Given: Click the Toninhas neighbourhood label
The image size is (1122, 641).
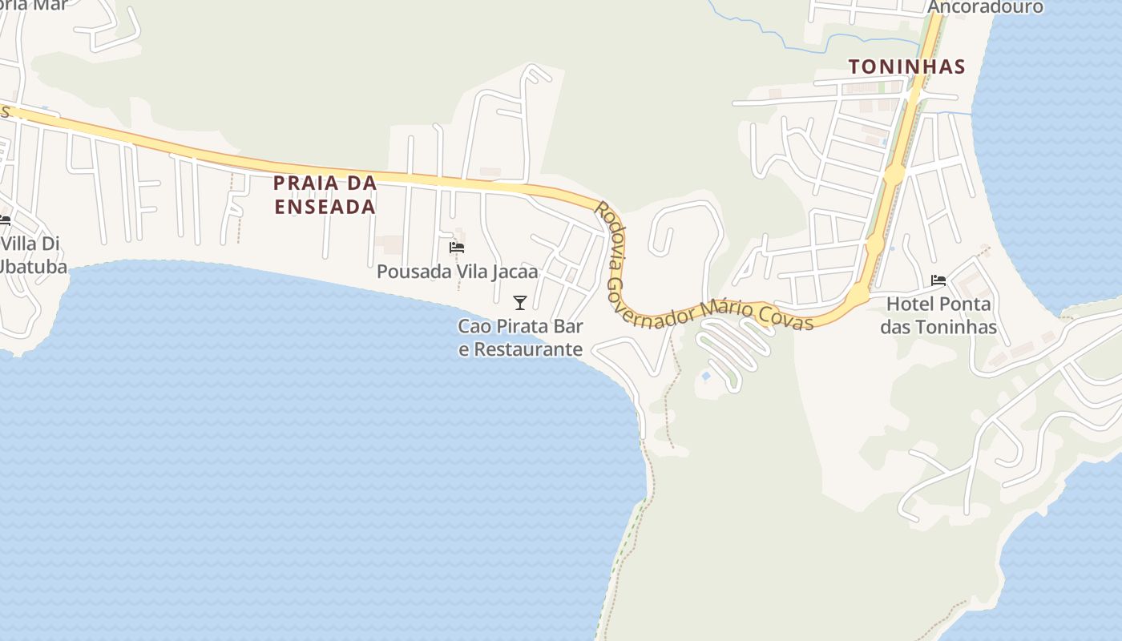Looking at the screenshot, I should pyautogui.click(x=906, y=67).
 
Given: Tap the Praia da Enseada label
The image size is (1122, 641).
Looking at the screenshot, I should pyautogui.click(x=325, y=195).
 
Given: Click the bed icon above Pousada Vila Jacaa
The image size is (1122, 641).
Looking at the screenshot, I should pyautogui.click(x=457, y=248).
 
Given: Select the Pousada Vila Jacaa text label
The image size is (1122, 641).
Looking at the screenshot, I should pyautogui.click(x=457, y=272).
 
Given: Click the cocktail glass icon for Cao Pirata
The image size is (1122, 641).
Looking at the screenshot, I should pyautogui.click(x=520, y=302).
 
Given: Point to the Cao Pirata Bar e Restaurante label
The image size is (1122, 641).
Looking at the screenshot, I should pyautogui.click(x=521, y=338).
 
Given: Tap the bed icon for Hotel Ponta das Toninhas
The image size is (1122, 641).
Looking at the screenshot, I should pyautogui.click(x=938, y=280).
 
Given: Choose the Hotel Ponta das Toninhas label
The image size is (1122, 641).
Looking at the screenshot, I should pyautogui.click(x=938, y=316).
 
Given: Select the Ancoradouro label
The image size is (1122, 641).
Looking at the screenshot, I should pyautogui.click(x=985, y=7).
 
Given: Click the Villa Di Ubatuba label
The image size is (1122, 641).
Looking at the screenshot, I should pyautogui.click(x=32, y=255).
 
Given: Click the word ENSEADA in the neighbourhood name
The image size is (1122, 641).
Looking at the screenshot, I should pyautogui.click(x=325, y=207).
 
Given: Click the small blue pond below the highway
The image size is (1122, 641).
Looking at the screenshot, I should pyautogui.click(x=705, y=375).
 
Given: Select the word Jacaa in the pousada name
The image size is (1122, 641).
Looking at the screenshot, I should pyautogui.click(x=515, y=272).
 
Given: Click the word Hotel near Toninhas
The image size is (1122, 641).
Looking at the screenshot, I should pyautogui.click(x=909, y=304).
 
